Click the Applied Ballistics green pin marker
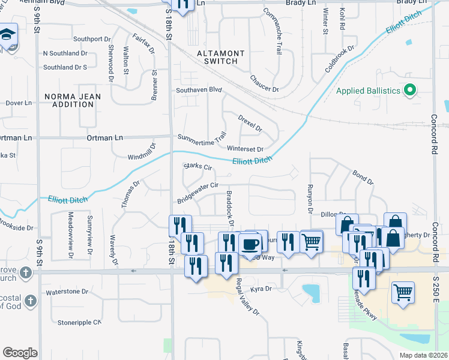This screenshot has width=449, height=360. pyautogui.click(x=411, y=91)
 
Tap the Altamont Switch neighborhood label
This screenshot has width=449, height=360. pyautogui.click(x=221, y=58)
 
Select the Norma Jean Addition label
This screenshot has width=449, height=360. pyautogui.click(x=70, y=100)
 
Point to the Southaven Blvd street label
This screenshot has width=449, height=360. pyautogui.click(x=199, y=90)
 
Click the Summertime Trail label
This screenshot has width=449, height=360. pyautogui.click(x=202, y=137)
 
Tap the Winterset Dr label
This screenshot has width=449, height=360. pyautogui.click(x=245, y=149)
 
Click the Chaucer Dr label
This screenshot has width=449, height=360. pyautogui.click(x=264, y=84)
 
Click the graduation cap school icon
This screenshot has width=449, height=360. pyautogui.click(x=8, y=35)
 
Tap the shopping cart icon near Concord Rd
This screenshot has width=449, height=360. pyautogui.click(x=403, y=292)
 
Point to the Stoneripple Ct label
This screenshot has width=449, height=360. pyautogui.click(x=80, y=322)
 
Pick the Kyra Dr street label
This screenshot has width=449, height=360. pyautogui.click(x=261, y=289)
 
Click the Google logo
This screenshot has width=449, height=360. pyautogui.click(x=20, y=352)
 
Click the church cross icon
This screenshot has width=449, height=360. pyautogui.click(x=25, y=274)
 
